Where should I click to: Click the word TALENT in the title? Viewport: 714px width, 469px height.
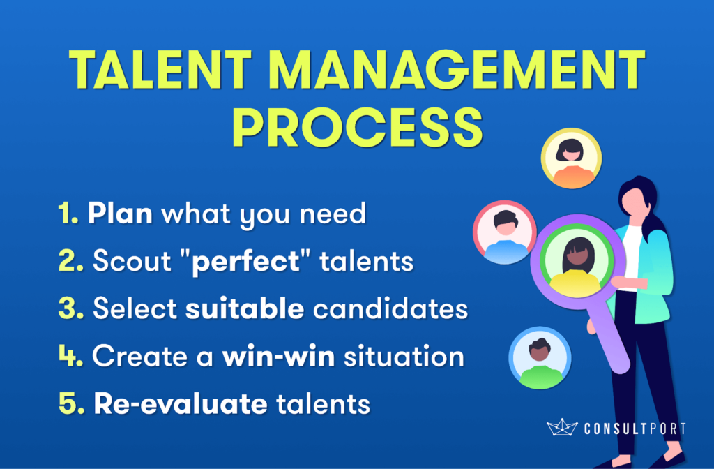(x=160, y=69)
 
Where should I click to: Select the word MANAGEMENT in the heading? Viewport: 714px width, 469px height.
(x=457, y=69)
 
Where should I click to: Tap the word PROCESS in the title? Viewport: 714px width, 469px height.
(x=357, y=127)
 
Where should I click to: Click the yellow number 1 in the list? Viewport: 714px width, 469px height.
(x=68, y=213)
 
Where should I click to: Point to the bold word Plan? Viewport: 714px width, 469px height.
(x=120, y=213)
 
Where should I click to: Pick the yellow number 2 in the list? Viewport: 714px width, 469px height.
(x=71, y=261)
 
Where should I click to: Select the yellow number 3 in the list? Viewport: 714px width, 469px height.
(x=71, y=308)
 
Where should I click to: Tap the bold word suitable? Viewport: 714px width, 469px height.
(x=245, y=308)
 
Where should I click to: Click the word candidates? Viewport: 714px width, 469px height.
(x=390, y=308)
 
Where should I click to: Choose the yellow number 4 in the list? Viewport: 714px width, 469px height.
(x=71, y=355)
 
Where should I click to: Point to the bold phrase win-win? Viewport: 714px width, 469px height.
(x=278, y=356)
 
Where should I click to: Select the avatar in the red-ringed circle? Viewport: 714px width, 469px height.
(x=505, y=232)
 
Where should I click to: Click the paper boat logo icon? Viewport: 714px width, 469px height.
(x=561, y=427)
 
